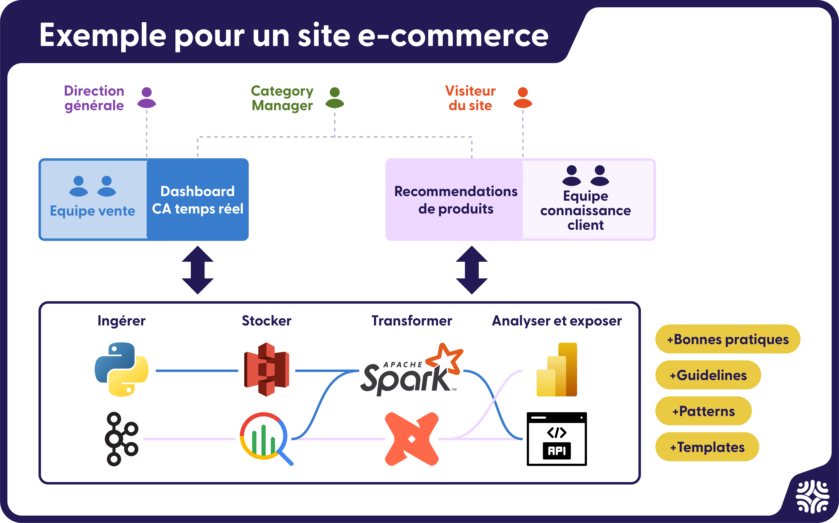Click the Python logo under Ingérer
pos(121,369)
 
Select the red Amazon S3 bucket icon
pos(266,369)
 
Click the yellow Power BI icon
pos(557,369)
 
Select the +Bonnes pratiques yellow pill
pos(728,339)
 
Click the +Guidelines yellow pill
pos(708,375)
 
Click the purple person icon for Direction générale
pos(147,98)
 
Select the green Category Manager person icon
pos(335,98)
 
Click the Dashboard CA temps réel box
pos(198,200)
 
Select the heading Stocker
pos(266,321)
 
